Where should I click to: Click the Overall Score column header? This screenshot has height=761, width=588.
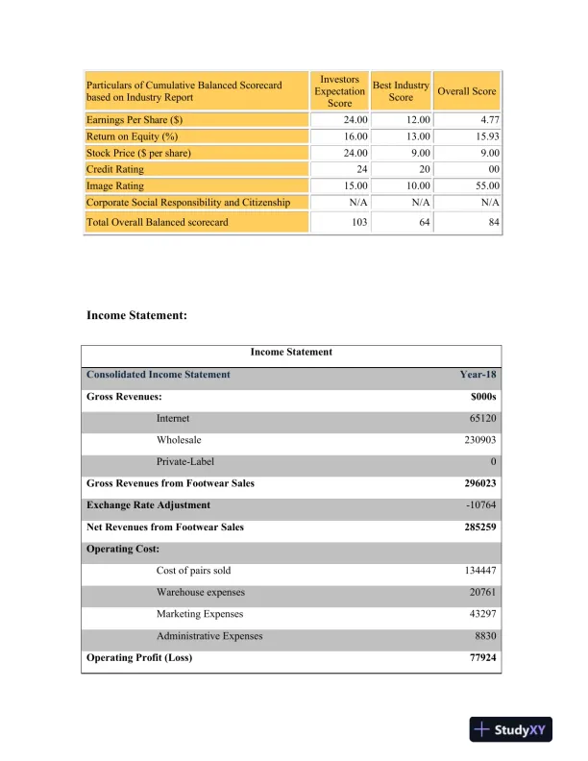pyautogui.click(x=467, y=91)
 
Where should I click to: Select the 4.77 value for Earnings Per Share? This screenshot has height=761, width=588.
pyautogui.click(x=485, y=120)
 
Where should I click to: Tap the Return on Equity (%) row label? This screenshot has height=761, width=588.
pyautogui.click(x=133, y=136)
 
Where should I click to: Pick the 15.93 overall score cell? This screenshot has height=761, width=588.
pyautogui.click(x=483, y=136)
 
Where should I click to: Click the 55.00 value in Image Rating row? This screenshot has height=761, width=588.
pyautogui.click(x=483, y=185)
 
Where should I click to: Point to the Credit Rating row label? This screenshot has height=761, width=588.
pyautogui.click(x=114, y=169)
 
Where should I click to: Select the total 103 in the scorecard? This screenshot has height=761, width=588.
pyautogui.click(x=355, y=223)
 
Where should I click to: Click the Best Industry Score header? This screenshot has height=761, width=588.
pyautogui.click(x=401, y=91)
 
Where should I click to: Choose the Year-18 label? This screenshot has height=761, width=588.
pyautogui.click(x=478, y=375)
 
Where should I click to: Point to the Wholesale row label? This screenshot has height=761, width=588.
pyautogui.click(x=178, y=440)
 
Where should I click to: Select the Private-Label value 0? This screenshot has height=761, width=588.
pyautogui.click(x=492, y=461)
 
